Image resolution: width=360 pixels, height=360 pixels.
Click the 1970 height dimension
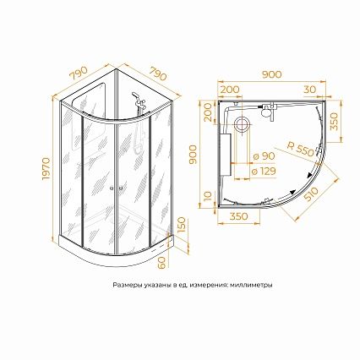pyautogui.click(x=46, y=169)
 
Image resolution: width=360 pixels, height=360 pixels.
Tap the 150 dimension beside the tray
pyautogui.click(x=183, y=225)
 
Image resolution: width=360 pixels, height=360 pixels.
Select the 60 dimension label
pyautogui.click(x=162, y=263)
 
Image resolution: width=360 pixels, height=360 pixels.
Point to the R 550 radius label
pyautogui.click(x=300, y=150)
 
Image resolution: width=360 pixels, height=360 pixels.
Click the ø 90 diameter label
pyautogui.click(x=264, y=156)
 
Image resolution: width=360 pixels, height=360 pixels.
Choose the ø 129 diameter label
pyautogui.click(x=264, y=171)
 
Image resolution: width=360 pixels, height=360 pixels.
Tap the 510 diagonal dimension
pyautogui.click(x=310, y=194)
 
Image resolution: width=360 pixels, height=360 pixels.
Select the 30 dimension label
pyautogui.click(x=310, y=90)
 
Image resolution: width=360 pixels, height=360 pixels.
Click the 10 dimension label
pyautogui.click(x=207, y=195)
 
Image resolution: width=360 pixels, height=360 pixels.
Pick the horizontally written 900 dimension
pyautogui.click(x=271, y=74)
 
